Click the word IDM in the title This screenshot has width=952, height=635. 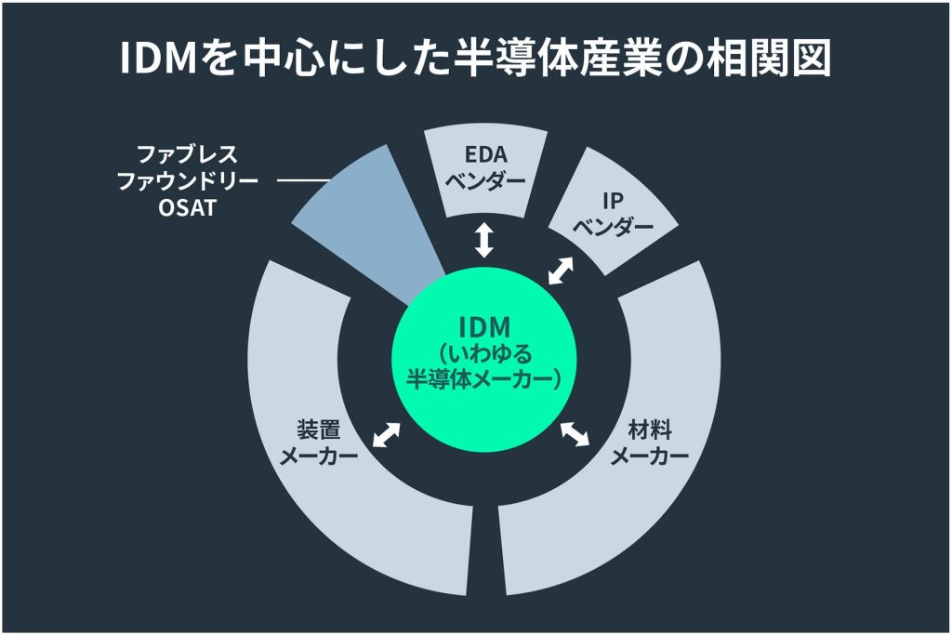(x=159, y=59)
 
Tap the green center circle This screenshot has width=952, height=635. (x=483, y=358)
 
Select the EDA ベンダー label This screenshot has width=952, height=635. (x=485, y=167)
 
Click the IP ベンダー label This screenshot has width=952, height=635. (x=614, y=214)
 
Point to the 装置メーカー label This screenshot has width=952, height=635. (x=319, y=443)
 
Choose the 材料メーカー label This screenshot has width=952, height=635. (x=650, y=443)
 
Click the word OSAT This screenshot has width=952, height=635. (x=187, y=208)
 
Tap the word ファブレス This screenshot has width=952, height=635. (x=187, y=154)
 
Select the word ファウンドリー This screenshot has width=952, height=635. (x=187, y=181)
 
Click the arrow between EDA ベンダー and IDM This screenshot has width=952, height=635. (x=483, y=240)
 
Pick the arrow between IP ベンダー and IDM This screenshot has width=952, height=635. (x=561, y=271)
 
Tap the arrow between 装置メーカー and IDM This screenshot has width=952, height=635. (x=386, y=435)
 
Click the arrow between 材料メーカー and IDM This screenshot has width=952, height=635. (x=575, y=433)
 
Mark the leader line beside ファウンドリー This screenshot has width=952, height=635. (x=303, y=180)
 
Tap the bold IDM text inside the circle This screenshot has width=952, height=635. (x=484, y=327)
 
